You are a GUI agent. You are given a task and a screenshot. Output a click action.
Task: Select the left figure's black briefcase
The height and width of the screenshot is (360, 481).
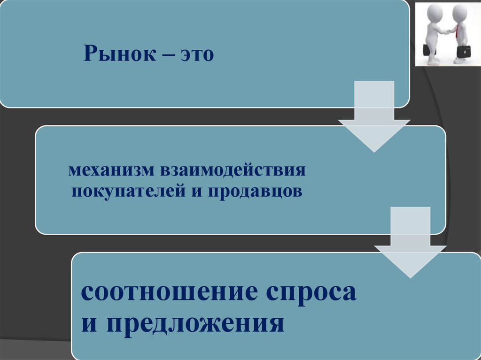428,49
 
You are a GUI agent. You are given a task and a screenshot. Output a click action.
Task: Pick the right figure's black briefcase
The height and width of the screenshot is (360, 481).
464,51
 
